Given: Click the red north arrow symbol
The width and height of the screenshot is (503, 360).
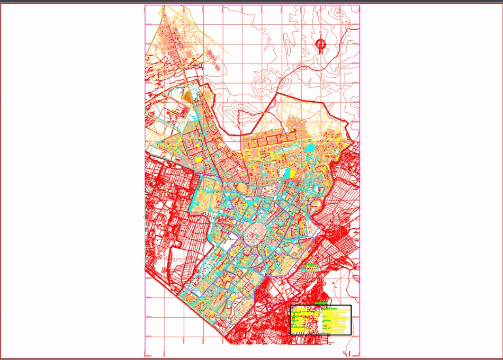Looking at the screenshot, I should pos(321,46).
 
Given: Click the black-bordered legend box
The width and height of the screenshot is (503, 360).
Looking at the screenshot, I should pos(321,320).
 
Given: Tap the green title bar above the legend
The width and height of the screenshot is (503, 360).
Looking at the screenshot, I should pos(321,304).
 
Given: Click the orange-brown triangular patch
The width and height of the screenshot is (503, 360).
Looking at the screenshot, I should pos(187,97).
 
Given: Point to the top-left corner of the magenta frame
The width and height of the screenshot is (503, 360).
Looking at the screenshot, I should pos(145,6).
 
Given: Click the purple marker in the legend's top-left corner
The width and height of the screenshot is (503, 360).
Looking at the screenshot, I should pos(293,308).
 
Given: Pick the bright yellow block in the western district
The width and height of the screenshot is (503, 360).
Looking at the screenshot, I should pos(199,158).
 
